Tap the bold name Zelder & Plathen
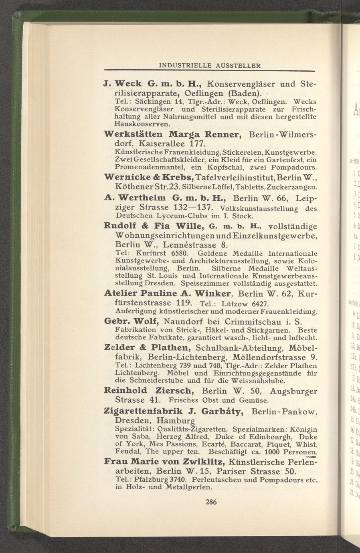[146, 347]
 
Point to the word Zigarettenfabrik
[144, 411]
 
